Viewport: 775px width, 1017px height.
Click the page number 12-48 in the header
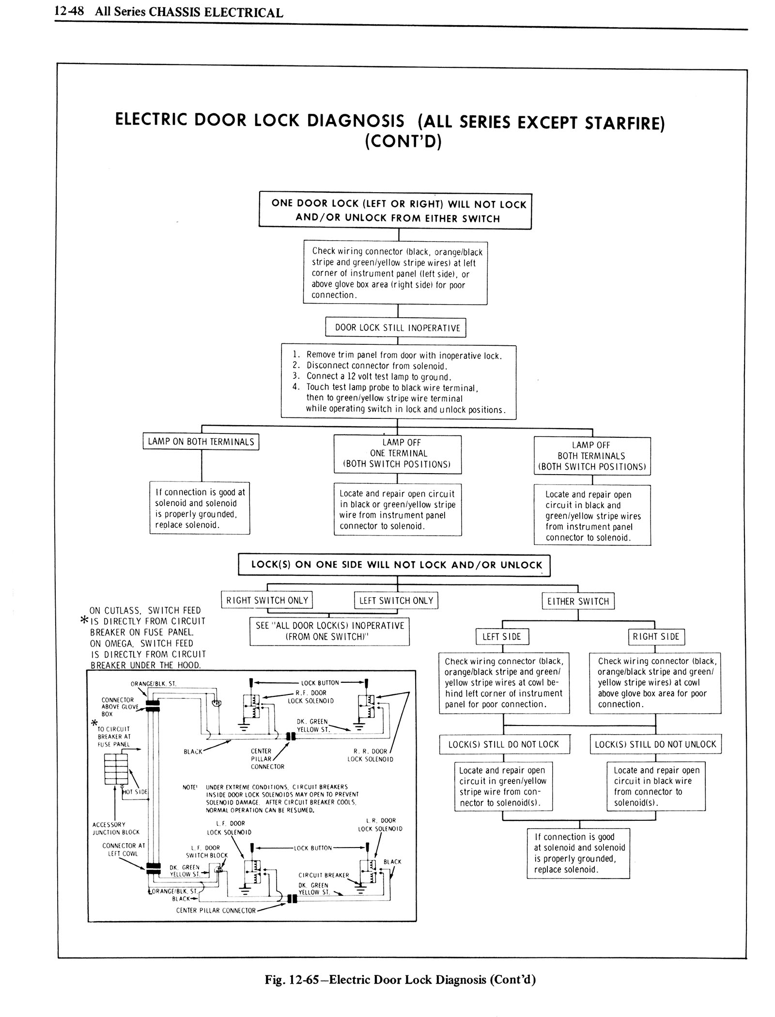pyautogui.click(x=69, y=12)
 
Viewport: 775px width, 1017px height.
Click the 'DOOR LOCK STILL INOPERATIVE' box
pyautogui.click(x=397, y=328)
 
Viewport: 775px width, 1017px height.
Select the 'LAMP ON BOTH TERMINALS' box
pyautogui.click(x=201, y=442)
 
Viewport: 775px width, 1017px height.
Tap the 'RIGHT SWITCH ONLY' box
pyautogui.click(x=267, y=601)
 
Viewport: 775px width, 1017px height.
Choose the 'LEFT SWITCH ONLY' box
pyautogui.click(x=396, y=601)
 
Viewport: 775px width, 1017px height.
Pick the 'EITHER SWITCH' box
pyautogui.click(x=578, y=601)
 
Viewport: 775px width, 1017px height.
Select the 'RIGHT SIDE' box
pyautogui.click(x=656, y=637)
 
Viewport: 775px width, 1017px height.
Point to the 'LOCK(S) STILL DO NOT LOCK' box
pyautogui.click(x=504, y=744)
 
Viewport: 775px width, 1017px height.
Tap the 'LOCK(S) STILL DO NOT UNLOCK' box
pyautogui.click(x=655, y=744)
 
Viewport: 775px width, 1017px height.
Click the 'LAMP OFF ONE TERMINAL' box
pyautogui.click(x=397, y=453)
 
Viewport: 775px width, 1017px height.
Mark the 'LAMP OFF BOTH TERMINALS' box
pyautogui.click(x=592, y=456)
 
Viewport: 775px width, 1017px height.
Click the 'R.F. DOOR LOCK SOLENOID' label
pyautogui.click(x=309, y=696)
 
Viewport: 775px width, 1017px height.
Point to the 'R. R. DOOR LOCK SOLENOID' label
pyautogui.click(x=370, y=755)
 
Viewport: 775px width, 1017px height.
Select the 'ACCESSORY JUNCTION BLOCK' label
pyautogui.click(x=116, y=828)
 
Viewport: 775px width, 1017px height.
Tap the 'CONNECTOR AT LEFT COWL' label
pyautogui.click(x=124, y=849)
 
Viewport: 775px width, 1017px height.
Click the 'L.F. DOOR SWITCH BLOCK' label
pyautogui.click(x=206, y=851)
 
